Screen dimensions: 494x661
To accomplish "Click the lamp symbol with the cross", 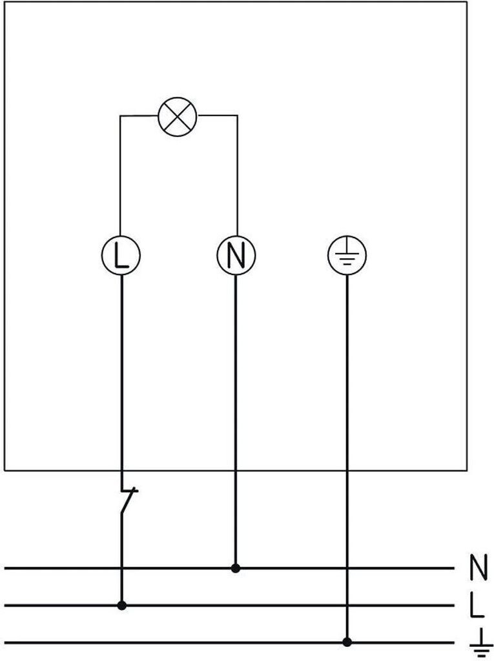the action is [178, 116].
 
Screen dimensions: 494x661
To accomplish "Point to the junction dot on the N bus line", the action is [236, 568].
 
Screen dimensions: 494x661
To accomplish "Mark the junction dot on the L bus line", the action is [122, 605].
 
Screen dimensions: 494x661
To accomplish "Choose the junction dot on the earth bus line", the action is [347, 643].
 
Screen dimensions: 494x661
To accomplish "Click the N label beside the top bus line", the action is [479, 567].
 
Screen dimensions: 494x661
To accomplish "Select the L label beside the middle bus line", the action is [477, 605].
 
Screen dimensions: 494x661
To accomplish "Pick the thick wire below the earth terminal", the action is [347, 458].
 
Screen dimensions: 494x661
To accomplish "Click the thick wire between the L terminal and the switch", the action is [122, 383].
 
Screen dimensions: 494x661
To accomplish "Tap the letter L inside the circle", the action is [121, 256].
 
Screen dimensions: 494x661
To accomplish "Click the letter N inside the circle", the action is [236, 256].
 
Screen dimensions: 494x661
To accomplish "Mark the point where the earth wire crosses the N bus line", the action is [347, 568].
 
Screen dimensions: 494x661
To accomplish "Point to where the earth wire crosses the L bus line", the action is [347, 605].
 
